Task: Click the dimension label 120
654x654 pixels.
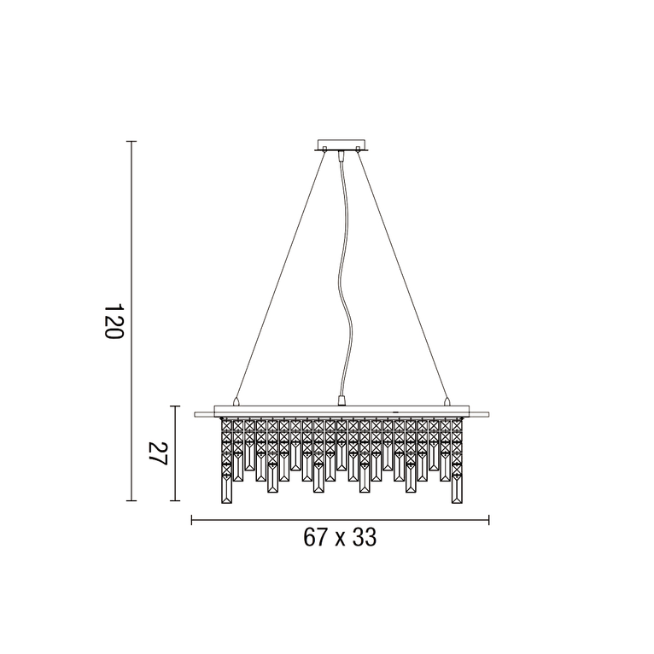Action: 114,321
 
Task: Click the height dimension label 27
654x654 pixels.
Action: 156,453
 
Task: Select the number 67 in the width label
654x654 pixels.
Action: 315,539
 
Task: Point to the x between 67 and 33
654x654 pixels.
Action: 339,540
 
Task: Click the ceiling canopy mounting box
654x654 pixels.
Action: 342,145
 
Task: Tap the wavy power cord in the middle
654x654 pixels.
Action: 342,282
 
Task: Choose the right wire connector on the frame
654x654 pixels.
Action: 446,400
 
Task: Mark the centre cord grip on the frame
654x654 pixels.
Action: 342,400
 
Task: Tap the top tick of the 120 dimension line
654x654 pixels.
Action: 131,142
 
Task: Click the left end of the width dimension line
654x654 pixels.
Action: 191,520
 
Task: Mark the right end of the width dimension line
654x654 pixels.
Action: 488,520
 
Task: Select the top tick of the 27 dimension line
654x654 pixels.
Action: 175,406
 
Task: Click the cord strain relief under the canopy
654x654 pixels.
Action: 342,156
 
